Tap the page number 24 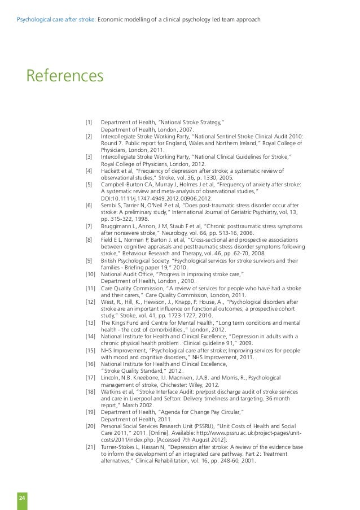point(22,497)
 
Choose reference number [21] point(89,447)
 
